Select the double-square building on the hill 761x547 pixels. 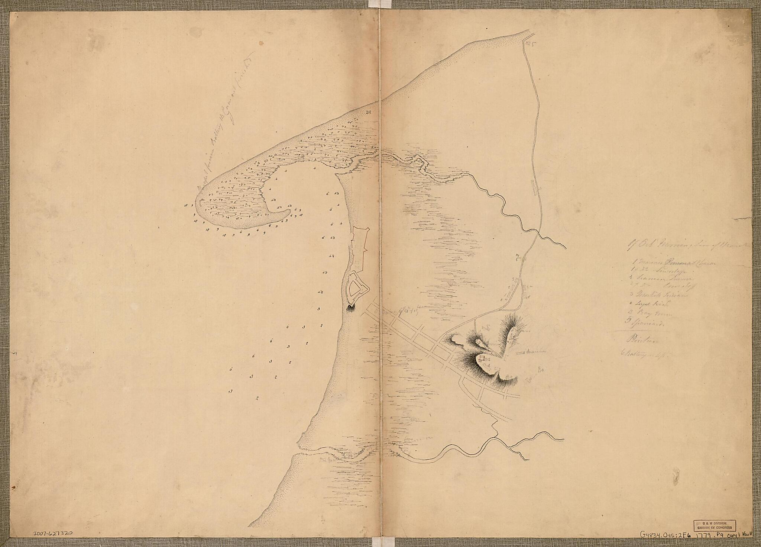482,359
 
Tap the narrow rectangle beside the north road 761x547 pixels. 535,187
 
